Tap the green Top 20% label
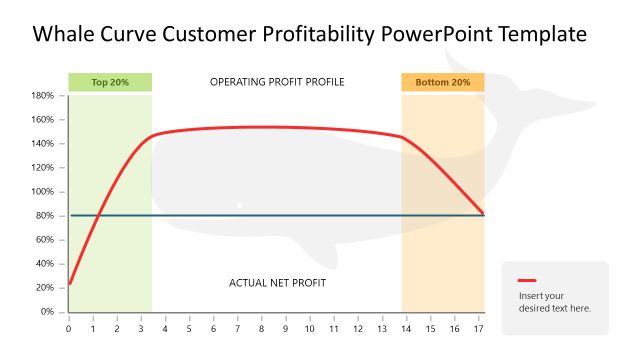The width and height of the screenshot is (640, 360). click(x=110, y=82)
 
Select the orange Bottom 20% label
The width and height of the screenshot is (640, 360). click(x=442, y=82)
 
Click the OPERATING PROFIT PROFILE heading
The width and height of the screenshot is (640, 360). click(x=277, y=82)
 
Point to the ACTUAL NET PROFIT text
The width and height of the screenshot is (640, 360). click(x=277, y=283)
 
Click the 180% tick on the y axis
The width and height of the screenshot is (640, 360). click(x=42, y=96)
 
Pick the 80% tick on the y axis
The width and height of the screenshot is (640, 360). click(x=44, y=216)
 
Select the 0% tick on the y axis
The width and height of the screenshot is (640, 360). click(x=46, y=312)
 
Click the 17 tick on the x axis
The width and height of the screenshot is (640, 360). click(x=479, y=328)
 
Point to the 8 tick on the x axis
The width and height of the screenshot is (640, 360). click(x=261, y=328)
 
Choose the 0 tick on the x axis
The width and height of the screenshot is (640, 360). click(x=68, y=328)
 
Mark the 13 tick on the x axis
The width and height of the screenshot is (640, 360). click(x=382, y=328)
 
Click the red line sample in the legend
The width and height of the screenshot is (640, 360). click(x=527, y=281)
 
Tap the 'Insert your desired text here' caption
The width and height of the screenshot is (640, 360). click(x=555, y=301)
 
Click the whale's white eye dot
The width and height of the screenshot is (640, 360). click(x=239, y=205)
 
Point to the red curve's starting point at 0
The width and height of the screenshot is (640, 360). click(x=69, y=283)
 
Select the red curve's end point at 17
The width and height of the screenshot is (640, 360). click(x=483, y=213)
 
